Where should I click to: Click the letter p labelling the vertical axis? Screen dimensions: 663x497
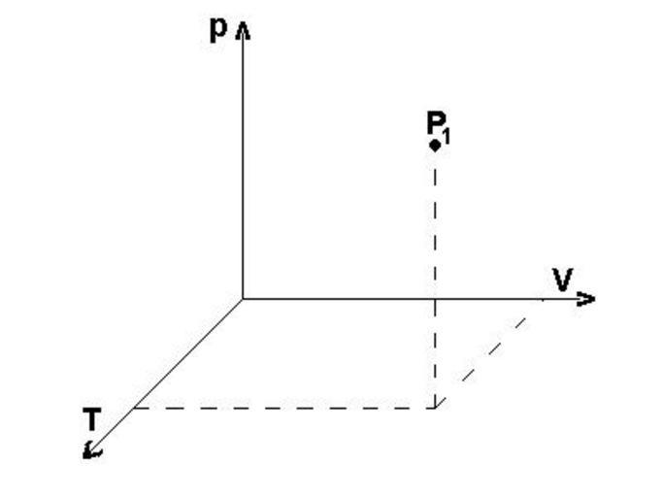[218, 30]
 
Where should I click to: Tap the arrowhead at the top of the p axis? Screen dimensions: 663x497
[243, 32]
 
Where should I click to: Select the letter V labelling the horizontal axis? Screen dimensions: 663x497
[562, 280]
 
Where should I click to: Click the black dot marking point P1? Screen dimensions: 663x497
[435, 146]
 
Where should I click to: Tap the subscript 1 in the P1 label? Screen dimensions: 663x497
[447, 137]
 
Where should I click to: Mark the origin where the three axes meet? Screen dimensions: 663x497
[243, 299]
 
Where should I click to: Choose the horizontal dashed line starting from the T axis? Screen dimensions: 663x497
[284, 408]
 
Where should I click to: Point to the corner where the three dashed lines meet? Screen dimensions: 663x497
[435, 408]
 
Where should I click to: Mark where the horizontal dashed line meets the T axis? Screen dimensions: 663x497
[133, 408]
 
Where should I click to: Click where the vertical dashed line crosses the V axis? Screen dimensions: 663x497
[435, 299]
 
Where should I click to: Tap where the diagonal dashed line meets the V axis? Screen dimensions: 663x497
[544, 300]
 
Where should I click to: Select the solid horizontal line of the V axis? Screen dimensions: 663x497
[417, 299]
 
